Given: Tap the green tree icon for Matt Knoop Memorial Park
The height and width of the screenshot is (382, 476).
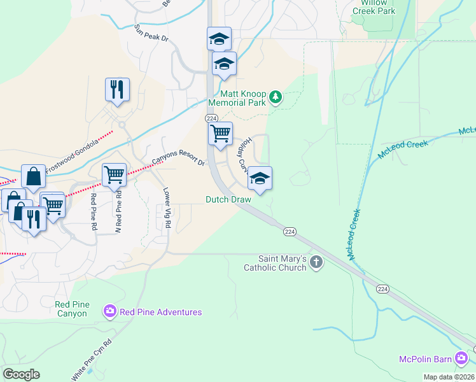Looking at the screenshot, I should [x=275, y=97].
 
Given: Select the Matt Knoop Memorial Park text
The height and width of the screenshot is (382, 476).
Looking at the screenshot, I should [x=238, y=97].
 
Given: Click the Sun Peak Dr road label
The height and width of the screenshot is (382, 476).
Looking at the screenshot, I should [x=151, y=34].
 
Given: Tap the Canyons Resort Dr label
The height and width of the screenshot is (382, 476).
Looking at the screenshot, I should [x=178, y=153].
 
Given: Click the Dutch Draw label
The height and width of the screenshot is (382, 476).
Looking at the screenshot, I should [x=228, y=199].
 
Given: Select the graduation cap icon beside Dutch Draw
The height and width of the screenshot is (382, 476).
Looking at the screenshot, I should [x=260, y=178].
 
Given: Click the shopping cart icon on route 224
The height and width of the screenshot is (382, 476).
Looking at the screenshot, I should [x=220, y=134].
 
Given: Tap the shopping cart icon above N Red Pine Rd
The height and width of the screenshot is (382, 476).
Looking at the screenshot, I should [x=115, y=173].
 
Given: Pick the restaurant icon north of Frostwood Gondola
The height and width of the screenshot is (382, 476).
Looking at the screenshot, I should [x=117, y=90].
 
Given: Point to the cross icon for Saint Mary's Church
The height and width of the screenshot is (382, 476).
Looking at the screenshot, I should [x=316, y=263].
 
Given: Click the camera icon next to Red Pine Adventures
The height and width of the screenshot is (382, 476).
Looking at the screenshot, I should [x=109, y=312].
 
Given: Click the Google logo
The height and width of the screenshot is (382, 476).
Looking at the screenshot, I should [x=21, y=374].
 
